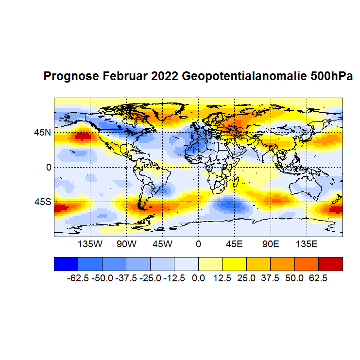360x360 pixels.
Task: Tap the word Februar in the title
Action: tap(124, 77)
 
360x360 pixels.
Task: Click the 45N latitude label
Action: tap(42, 132)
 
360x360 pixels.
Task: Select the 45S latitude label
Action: tap(42, 201)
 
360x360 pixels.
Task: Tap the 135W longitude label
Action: tap(90, 243)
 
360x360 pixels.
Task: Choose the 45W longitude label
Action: tap(162, 243)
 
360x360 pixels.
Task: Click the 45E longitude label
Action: tap(234, 243)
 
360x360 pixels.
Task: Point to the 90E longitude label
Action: tap(270, 243)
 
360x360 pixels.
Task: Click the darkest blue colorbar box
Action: tap(66, 263)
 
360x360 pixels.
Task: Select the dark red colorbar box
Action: tap(330, 263)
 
